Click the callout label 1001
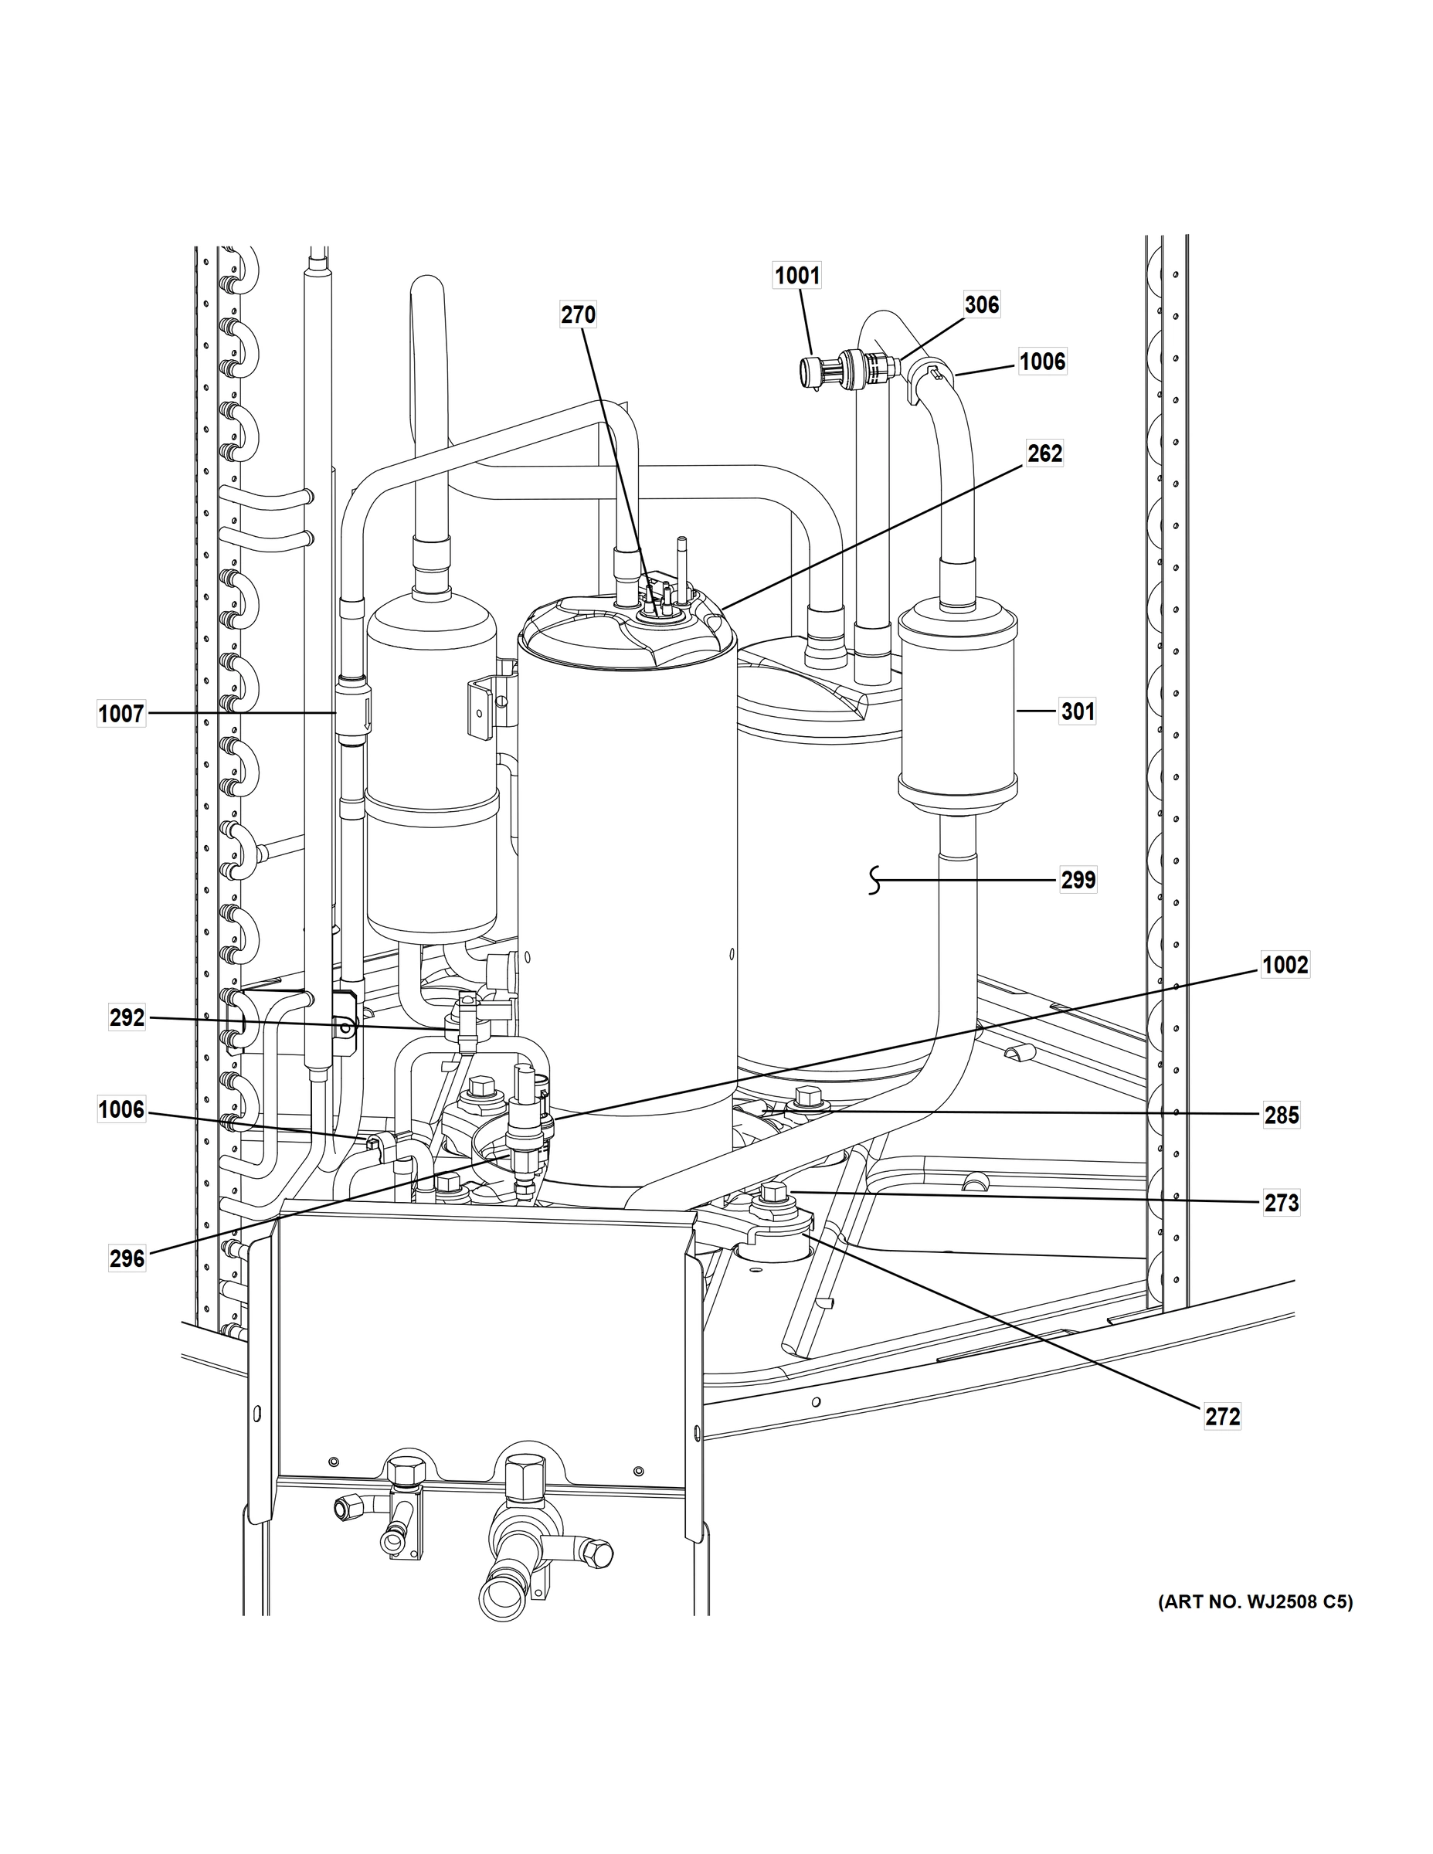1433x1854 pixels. pos(797,275)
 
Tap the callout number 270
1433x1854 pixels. pos(578,315)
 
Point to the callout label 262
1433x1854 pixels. pos(1044,453)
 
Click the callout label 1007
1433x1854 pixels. pos(121,714)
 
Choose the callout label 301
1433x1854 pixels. pos(1078,711)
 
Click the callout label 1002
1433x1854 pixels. pos(1285,965)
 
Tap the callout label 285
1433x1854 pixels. pos(1282,1115)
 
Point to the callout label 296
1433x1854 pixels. pos(127,1258)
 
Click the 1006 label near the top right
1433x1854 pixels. pos(1041,362)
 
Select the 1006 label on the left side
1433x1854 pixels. pos(121,1109)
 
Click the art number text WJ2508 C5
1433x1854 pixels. pos(1255,1602)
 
